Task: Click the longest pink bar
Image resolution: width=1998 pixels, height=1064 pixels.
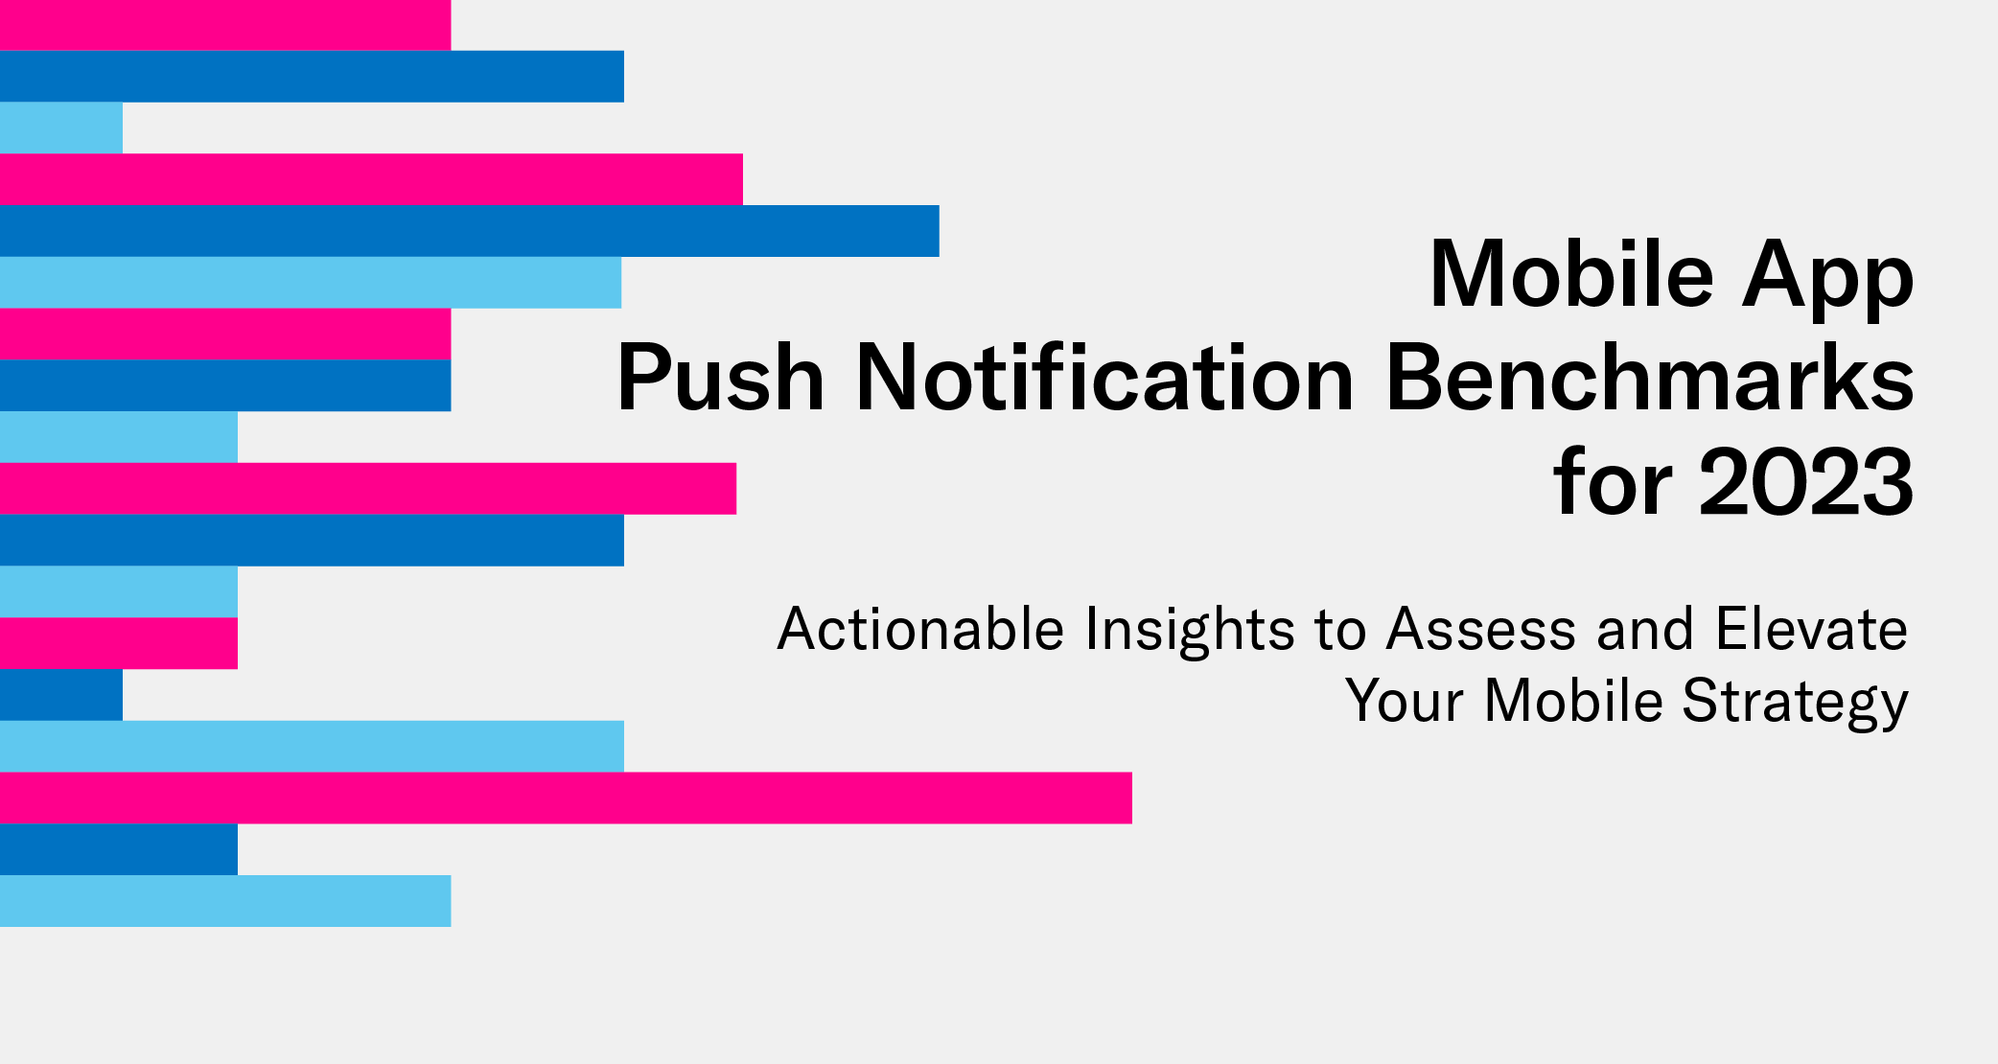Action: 566,798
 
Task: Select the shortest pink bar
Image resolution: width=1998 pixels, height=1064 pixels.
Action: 119,643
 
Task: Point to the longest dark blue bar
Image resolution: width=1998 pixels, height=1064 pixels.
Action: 470,231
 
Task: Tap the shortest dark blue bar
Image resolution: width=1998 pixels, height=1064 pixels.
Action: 61,695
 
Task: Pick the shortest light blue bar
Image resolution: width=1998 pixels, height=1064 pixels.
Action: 61,127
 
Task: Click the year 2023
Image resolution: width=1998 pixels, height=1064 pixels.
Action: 1806,482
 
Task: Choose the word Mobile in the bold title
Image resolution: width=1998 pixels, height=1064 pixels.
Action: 1571,276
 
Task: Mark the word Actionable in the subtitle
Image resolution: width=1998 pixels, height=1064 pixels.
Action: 920,630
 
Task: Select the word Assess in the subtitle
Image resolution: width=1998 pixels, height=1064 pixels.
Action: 1481,630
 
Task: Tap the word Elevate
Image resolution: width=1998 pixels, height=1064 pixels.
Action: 1811,630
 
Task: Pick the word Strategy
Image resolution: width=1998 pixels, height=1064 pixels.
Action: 1795,703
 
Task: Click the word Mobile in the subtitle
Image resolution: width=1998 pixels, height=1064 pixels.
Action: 1573,701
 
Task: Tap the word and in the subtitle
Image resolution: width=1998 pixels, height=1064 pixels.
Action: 1645,630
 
